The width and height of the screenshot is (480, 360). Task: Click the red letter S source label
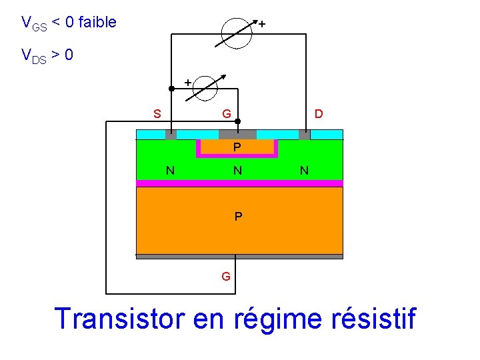tap(157, 114)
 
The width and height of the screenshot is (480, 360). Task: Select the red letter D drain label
tap(319, 114)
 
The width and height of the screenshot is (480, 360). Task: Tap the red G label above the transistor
tap(227, 114)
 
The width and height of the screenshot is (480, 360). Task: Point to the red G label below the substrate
tap(226, 275)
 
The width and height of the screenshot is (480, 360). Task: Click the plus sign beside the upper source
tap(262, 24)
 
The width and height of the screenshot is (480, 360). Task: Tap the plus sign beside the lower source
tap(187, 81)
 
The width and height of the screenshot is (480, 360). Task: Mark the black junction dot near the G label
tap(238, 121)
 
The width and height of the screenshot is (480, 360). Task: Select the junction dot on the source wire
tap(171, 88)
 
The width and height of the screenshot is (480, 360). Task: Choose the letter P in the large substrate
tap(238, 217)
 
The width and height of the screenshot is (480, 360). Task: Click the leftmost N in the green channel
tap(171, 171)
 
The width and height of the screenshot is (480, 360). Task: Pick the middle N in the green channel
tap(237, 171)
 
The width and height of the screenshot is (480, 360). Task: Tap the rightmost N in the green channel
tap(304, 171)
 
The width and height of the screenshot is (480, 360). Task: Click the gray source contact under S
tap(171, 135)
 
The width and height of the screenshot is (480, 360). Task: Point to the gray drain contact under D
tap(305, 135)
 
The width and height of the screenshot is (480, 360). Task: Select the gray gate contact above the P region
tap(237, 134)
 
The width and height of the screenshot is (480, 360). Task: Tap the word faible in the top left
tap(97, 23)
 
